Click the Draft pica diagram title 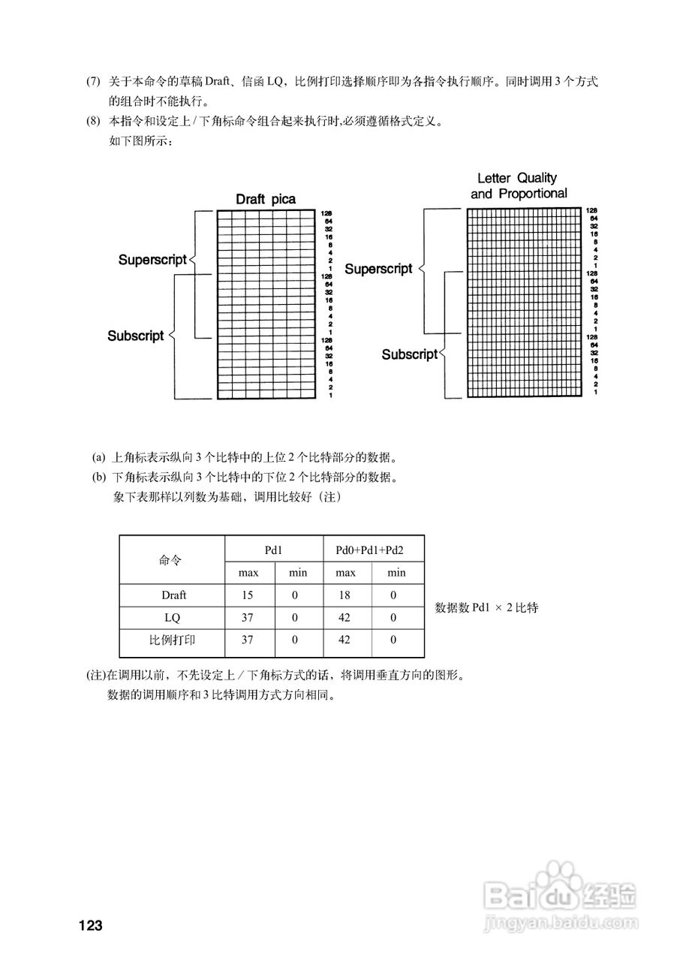266,199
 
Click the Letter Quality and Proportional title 519,185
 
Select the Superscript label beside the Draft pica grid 152,260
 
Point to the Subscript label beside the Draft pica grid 135,336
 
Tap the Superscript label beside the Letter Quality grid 378,269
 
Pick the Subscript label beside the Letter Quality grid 409,354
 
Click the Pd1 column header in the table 274,550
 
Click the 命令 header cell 170,560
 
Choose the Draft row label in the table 173,595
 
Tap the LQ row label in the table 173,619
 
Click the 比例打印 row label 173,642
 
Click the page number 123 90,924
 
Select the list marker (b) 98,477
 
